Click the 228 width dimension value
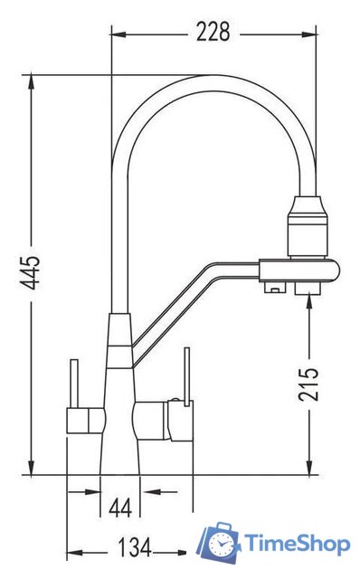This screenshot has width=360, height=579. (213, 32)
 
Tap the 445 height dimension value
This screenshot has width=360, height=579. (30, 272)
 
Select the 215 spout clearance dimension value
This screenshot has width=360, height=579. (308, 384)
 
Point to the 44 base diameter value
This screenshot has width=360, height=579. (120, 508)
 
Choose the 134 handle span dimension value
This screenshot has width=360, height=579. (135, 547)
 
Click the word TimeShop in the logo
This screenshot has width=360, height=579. (298, 544)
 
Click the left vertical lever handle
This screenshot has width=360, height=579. (74, 384)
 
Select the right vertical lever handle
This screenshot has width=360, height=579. (187, 376)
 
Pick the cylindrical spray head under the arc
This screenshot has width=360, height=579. (308, 227)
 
